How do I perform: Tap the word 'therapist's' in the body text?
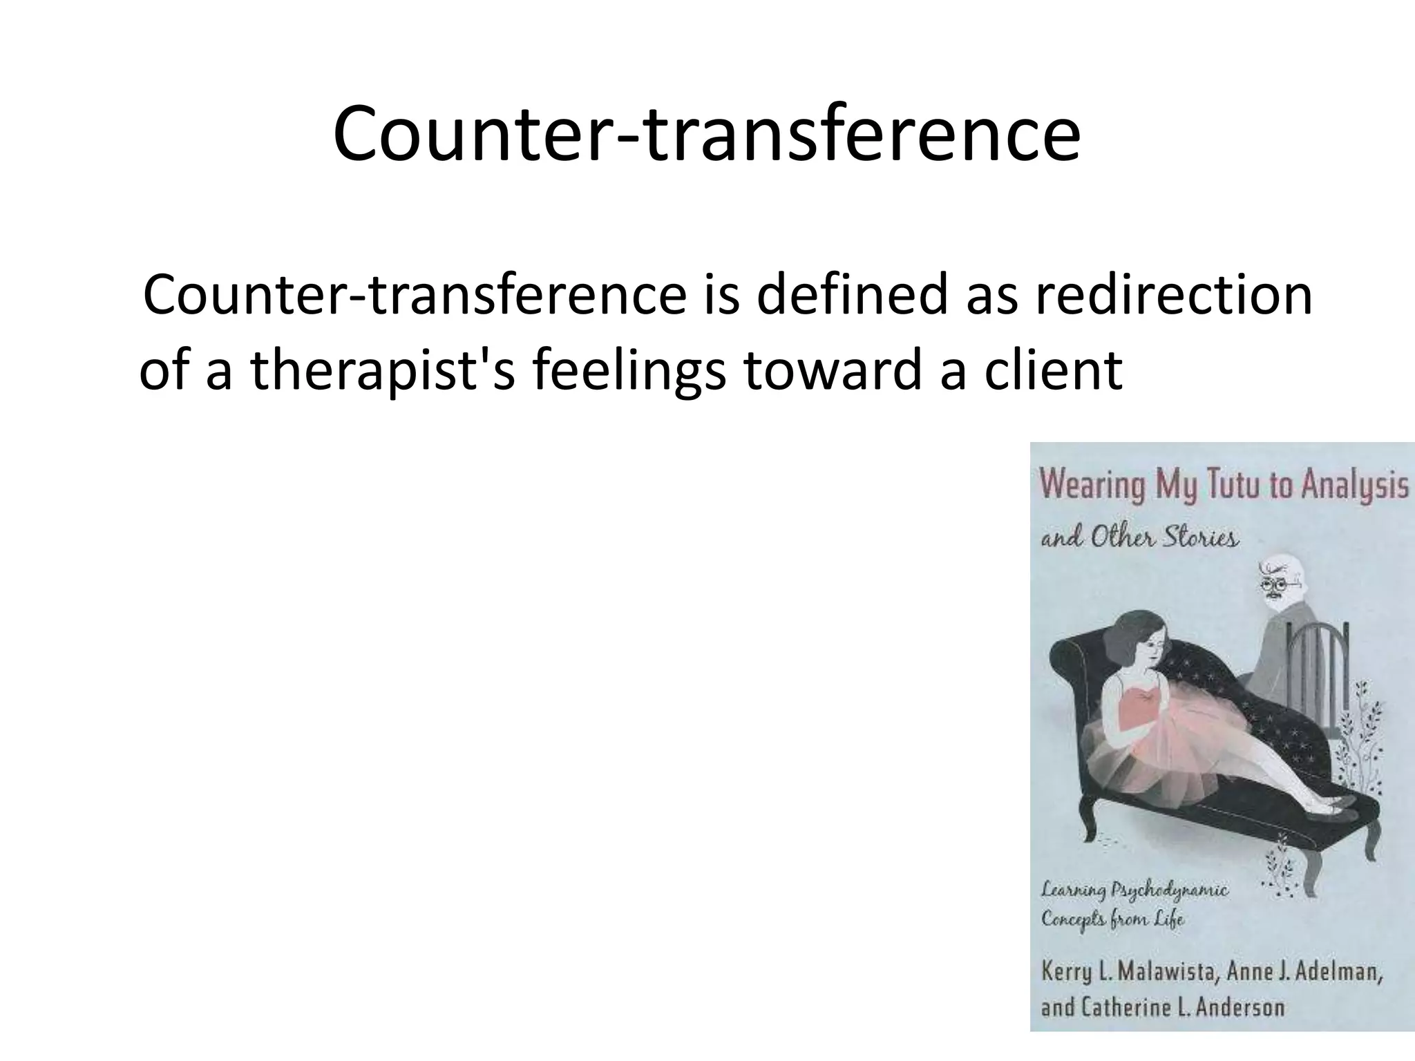point(383,371)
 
